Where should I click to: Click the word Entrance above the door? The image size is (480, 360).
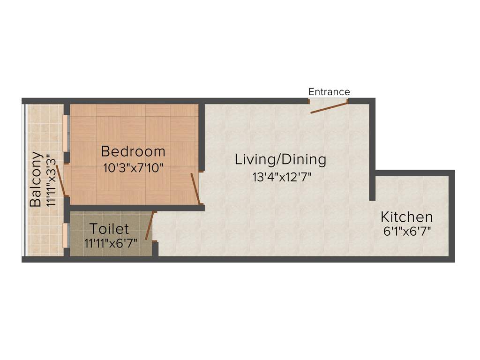click(x=329, y=91)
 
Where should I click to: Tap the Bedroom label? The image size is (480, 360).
click(x=133, y=152)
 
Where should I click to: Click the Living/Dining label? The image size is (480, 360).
click(x=280, y=159)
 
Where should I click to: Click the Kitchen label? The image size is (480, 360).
click(x=406, y=217)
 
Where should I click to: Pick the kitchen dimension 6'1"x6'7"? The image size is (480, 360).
click(x=406, y=231)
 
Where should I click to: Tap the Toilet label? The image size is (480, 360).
click(x=109, y=229)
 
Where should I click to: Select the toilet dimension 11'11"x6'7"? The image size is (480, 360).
click(x=109, y=243)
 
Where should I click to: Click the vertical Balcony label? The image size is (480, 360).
click(x=36, y=179)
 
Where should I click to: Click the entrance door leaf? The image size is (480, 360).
click(x=329, y=108)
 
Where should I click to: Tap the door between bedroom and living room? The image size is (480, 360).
click(x=195, y=188)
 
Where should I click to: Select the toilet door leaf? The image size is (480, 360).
click(x=150, y=226)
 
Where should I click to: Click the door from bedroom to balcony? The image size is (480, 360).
click(x=61, y=180)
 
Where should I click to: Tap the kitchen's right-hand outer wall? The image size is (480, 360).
click(x=452, y=216)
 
